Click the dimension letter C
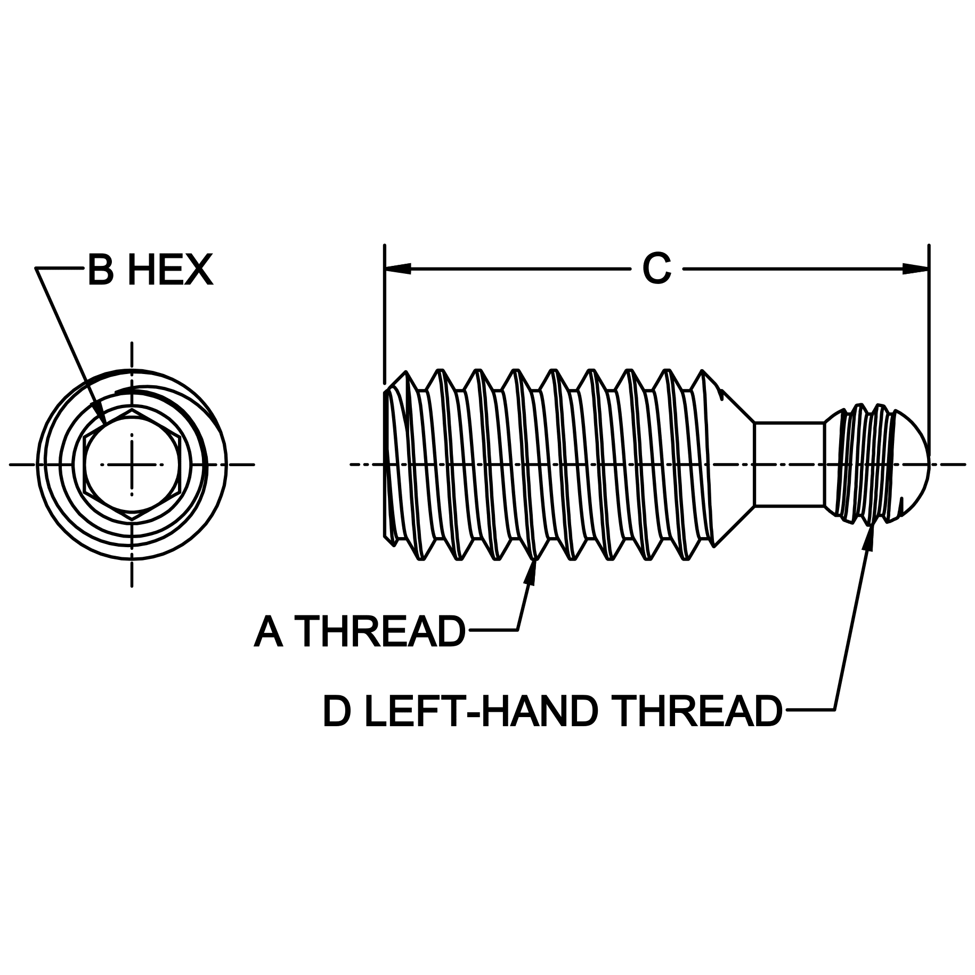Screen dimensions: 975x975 (x=656, y=269)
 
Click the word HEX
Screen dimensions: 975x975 (x=170, y=270)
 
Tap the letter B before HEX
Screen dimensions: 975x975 (x=101, y=270)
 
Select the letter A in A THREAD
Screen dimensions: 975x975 (x=268, y=631)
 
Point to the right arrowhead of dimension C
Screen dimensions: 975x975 (x=915, y=269)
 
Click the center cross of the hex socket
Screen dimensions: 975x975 (x=132, y=465)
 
